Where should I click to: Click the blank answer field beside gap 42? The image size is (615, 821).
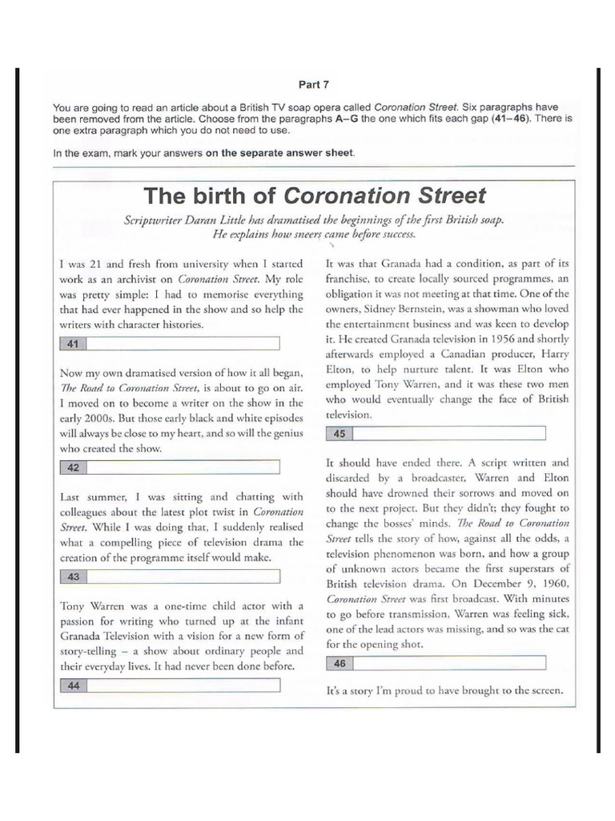coord(183,467)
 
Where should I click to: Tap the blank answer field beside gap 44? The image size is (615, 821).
coord(183,685)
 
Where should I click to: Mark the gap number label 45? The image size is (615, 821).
coord(339,434)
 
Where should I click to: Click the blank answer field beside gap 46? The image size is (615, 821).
coord(448,663)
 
